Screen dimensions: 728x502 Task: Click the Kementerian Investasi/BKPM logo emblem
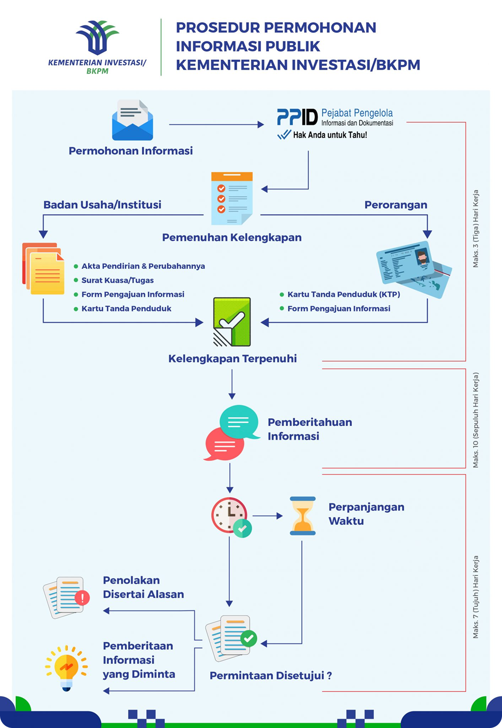tap(97, 38)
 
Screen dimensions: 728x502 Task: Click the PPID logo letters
tap(297, 117)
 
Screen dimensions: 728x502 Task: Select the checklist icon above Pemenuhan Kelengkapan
tap(232, 198)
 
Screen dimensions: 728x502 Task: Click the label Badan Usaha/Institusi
tap(102, 205)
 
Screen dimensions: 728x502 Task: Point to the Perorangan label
tap(396, 205)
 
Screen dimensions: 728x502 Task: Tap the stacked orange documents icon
tap(43, 268)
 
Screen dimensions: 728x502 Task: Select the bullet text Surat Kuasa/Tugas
tap(117, 280)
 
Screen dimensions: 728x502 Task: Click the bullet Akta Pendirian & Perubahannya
tap(143, 266)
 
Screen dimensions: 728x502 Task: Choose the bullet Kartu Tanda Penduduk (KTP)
tap(344, 294)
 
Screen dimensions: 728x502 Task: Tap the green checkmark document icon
tap(232, 322)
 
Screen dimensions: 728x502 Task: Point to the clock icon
tap(229, 515)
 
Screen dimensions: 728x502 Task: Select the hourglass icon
tap(302, 516)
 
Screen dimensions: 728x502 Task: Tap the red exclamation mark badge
tap(82, 597)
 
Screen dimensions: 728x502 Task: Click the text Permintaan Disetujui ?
tap(271, 676)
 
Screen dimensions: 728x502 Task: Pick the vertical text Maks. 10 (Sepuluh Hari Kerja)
tap(476, 420)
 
